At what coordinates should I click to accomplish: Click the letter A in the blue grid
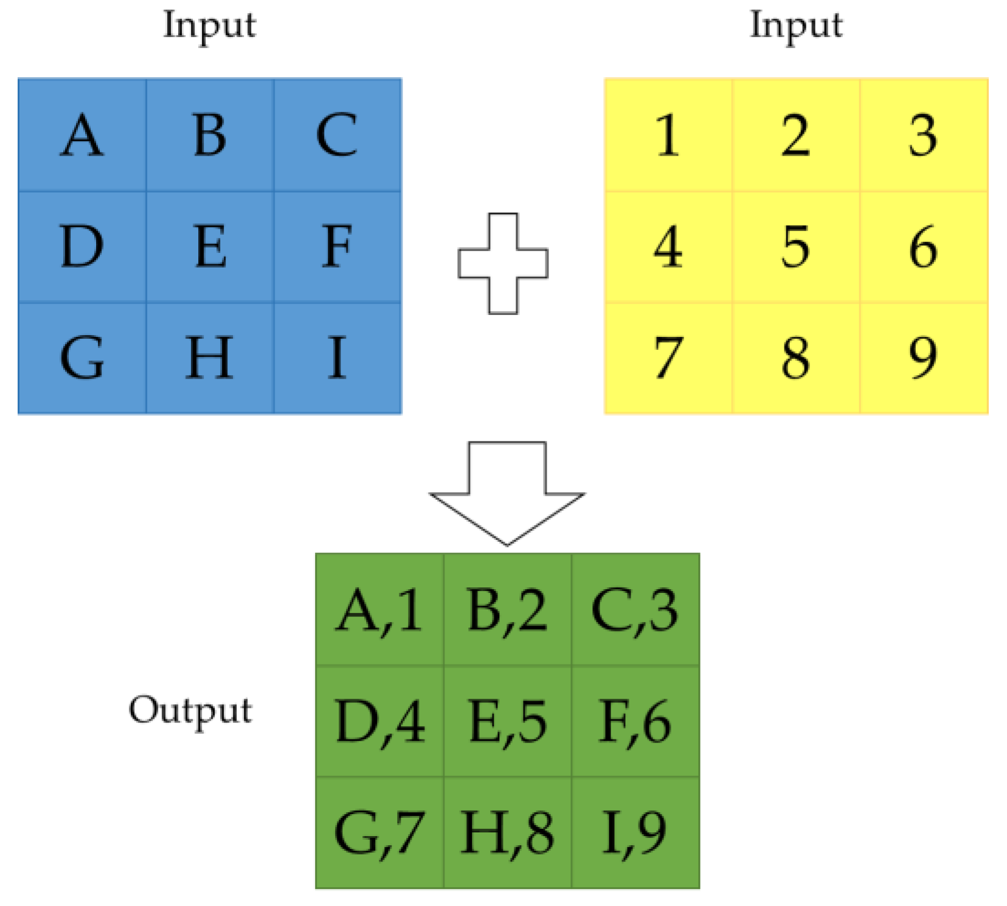[x=82, y=135]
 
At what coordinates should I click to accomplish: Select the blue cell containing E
[x=210, y=246]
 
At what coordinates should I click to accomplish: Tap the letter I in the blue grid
[x=337, y=358]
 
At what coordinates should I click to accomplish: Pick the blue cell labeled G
[x=82, y=358]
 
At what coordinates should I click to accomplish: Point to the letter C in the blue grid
[x=337, y=135]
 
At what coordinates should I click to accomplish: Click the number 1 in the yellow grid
[x=668, y=135]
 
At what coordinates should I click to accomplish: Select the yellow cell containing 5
[x=795, y=246]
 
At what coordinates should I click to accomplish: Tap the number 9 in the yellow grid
[x=923, y=358]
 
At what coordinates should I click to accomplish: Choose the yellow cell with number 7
[x=668, y=358]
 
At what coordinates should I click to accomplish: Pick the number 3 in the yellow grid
[x=923, y=135]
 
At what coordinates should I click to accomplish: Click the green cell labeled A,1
[x=379, y=610]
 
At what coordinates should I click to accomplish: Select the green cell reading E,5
[x=507, y=721]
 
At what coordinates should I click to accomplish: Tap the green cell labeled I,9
[x=635, y=832]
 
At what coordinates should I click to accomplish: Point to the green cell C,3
[x=635, y=610]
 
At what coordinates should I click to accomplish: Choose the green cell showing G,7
[x=379, y=832]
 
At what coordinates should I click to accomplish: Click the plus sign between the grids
[x=503, y=263]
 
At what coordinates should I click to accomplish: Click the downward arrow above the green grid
[x=507, y=493]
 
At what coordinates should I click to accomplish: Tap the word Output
[x=190, y=710]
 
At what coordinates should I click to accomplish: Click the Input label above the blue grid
[x=210, y=26]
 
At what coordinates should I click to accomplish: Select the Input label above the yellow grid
[x=796, y=26]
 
